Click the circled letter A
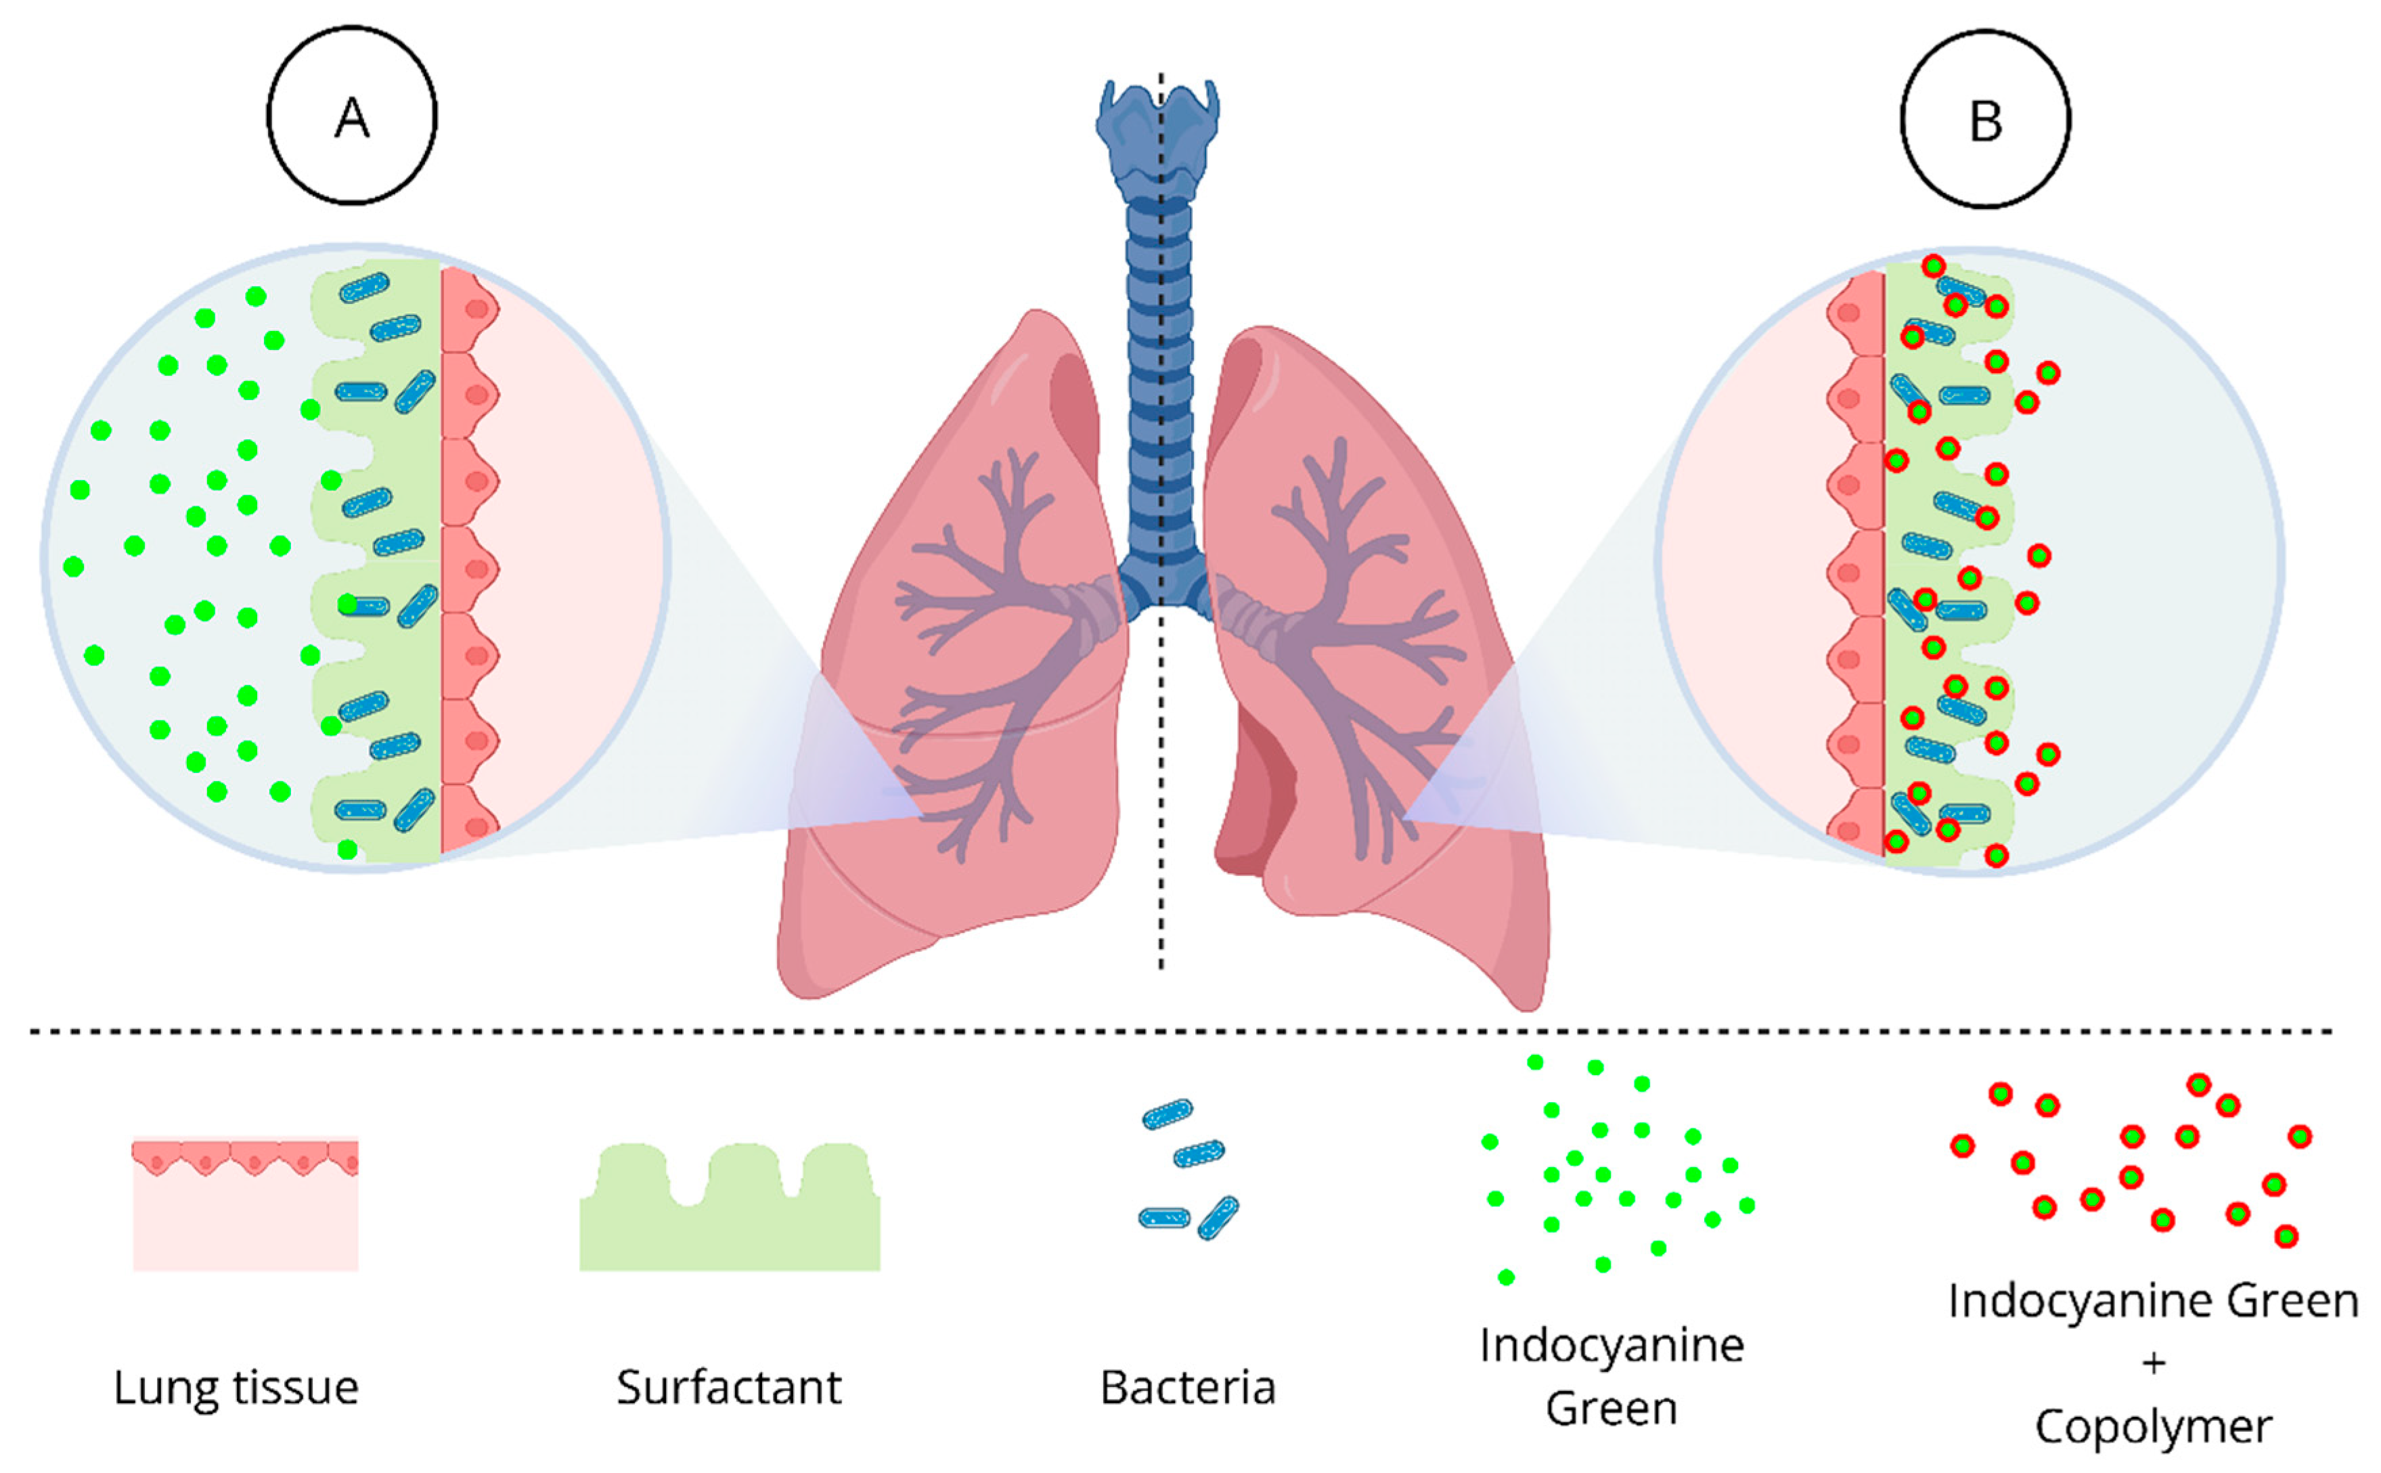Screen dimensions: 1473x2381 [351, 117]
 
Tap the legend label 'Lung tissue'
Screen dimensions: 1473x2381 [236, 1386]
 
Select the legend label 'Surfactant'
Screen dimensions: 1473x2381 [728, 1386]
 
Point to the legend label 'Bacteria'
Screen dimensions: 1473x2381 [1187, 1386]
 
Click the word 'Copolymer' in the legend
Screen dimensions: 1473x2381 [2153, 1426]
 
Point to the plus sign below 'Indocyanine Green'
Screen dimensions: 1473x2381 [2153, 1362]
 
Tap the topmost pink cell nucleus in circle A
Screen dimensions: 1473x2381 [476, 309]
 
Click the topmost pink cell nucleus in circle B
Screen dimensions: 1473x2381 [1848, 313]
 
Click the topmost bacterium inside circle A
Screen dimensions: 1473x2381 [364, 288]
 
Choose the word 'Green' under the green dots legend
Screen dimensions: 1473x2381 [1611, 1409]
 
